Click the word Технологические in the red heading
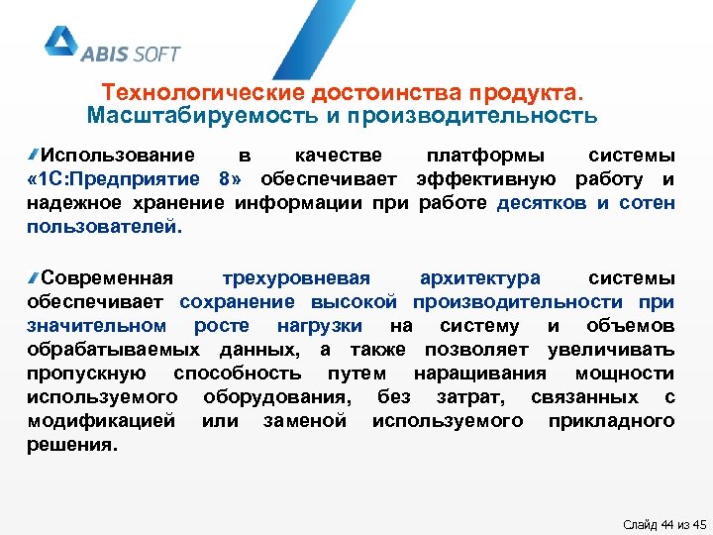click(204, 92)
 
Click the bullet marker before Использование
click(34, 155)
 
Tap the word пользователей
click(105, 227)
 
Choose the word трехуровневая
click(296, 277)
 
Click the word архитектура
click(479, 277)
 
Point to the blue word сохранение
click(237, 301)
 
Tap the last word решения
click(72, 445)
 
